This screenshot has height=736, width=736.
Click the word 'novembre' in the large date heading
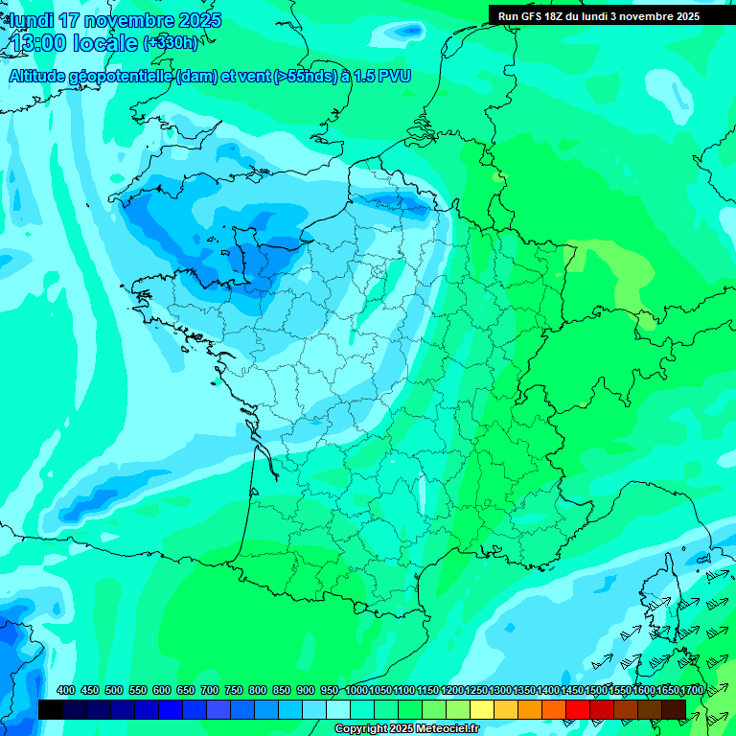click(131, 20)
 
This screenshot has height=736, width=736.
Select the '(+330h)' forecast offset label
click(171, 43)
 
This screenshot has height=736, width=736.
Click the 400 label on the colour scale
click(66, 690)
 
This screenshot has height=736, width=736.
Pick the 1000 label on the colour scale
click(356, 690)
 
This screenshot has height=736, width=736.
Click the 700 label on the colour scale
click(210, 690)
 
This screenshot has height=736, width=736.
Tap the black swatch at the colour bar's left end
click(51, 709)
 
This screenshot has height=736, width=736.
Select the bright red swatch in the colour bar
click(578, 709)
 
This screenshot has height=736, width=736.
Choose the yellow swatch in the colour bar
click(482, 709)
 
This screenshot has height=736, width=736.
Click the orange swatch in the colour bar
click(530, 709)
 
